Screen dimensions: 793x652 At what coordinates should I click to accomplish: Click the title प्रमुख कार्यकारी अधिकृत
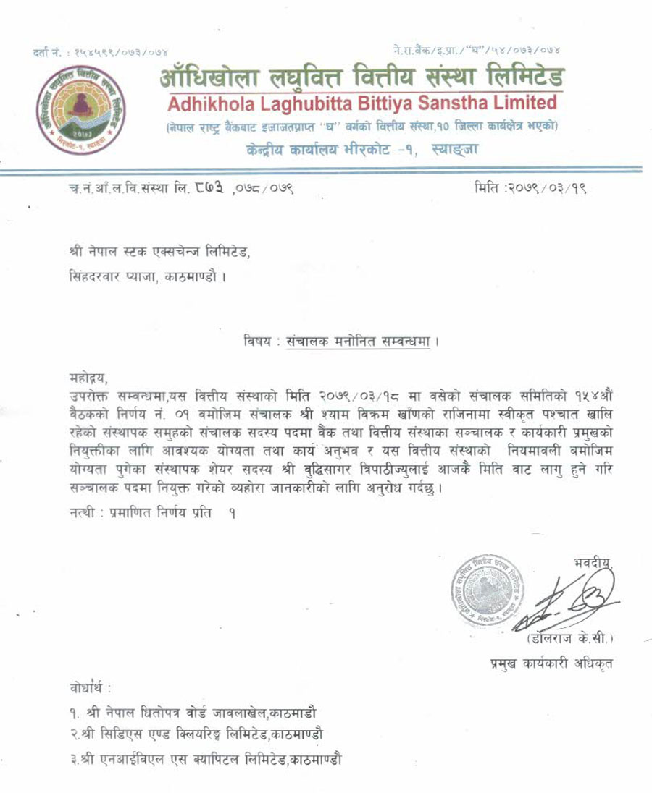551,664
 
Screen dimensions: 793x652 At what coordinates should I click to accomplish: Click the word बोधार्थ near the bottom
86,684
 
